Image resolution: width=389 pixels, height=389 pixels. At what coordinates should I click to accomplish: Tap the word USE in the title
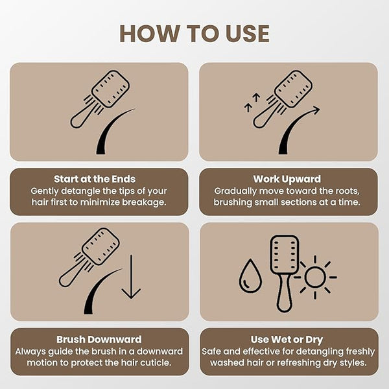[x=248, y=34]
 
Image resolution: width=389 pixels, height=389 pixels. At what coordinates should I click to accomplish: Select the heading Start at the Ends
[x=95, y=179]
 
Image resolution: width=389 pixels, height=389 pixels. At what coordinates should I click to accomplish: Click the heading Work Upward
[x=287, y=179]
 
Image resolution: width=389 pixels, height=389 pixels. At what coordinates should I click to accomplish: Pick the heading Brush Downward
[x=99, y=339]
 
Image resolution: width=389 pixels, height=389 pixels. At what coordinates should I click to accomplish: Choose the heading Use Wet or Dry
[x=287, y=340]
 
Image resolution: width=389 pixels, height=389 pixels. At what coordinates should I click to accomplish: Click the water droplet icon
[x=250, y=276]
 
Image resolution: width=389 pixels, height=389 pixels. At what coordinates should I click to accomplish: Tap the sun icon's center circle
[x=315, y=277]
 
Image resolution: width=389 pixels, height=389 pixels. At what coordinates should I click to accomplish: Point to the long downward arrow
[x=131, y=277]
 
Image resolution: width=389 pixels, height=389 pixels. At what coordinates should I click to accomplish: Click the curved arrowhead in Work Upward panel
[x=316, y=110]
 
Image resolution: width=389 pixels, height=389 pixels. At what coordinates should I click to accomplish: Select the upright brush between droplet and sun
[x=285, y=274]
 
